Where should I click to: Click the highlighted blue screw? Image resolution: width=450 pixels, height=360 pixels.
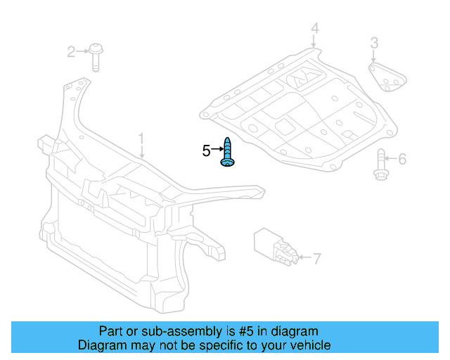tap(227, 152)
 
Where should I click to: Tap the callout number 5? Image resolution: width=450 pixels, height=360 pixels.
tap(206, 150)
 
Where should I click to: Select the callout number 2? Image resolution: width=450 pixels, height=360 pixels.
tap(71, 52)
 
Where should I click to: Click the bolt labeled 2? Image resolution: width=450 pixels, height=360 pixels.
tap(96, 57)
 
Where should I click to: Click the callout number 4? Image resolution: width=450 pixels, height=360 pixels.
tap(315, 28)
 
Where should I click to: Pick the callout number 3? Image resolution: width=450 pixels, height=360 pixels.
tap(374, 43)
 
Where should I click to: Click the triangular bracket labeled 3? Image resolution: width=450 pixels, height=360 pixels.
tap(387, 77)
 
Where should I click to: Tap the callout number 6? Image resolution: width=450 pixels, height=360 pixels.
tap(402, 159)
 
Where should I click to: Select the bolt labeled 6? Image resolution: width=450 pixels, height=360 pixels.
tap(381, 165)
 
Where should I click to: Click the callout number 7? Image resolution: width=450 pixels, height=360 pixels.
tap(317, 259)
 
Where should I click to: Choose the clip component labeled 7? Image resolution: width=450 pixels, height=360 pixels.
tap(276, 246)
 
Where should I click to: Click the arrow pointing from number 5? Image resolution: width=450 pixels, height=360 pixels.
tap(217, 148)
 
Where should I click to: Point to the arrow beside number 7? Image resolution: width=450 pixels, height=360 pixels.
tap(305, 257)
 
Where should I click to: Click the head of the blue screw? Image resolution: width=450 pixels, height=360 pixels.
tap(228, 162)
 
